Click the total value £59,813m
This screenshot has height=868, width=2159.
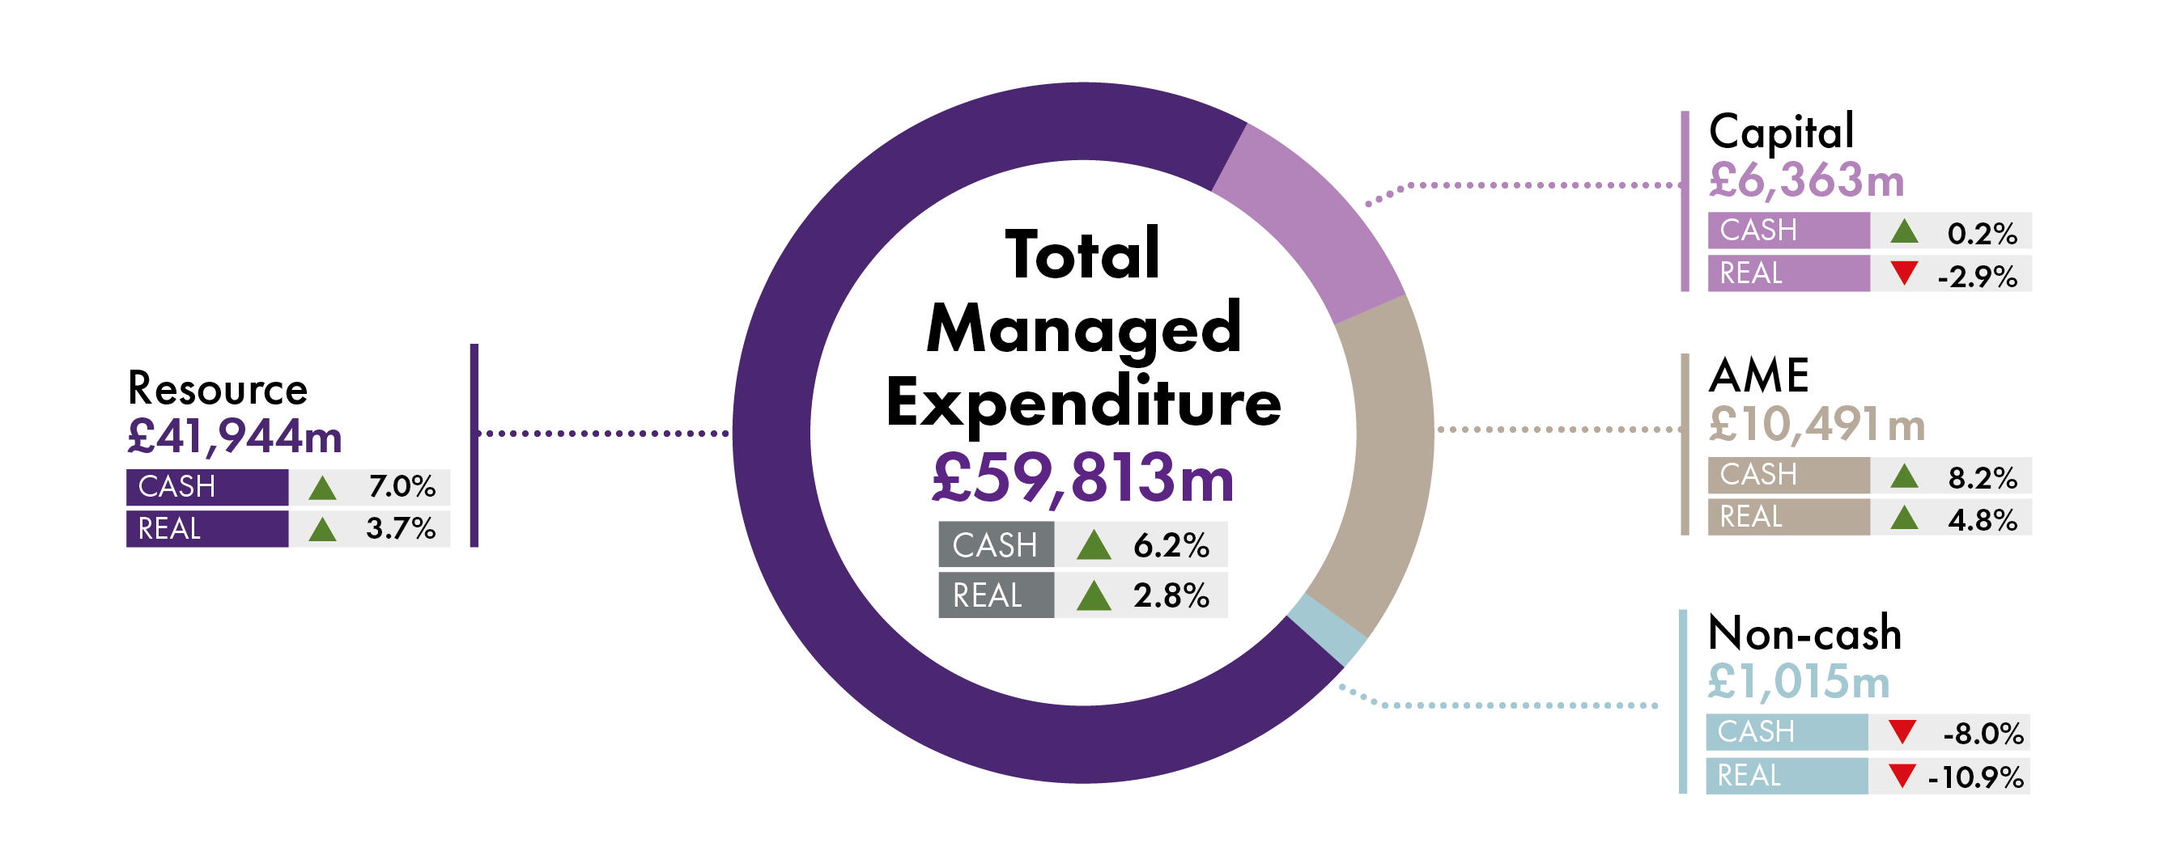tap(1083, 477)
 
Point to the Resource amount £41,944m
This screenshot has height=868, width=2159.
tap(235, 437)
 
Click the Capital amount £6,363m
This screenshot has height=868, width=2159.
tap(1806, 180)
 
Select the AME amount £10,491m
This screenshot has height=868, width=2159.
tap(1817, 424)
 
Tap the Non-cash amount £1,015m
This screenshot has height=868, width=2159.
tap(1799, 681)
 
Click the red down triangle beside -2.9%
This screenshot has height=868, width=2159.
tap(1904, 273)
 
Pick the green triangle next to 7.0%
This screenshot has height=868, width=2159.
tap(322, 488)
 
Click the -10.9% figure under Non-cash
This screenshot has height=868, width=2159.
tap(1975, 777)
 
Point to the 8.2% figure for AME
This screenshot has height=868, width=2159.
tap(1983, 477)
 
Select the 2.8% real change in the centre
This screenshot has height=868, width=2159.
tap(1171, 595)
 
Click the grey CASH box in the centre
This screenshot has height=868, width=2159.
tap(996, 544)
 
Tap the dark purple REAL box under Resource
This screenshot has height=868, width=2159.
tap(207, 529)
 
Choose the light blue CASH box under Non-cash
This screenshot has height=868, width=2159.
tap(1786, 732)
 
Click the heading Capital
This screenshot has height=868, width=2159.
tap(1781, 133)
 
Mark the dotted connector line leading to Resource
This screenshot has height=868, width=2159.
tap(603, 433)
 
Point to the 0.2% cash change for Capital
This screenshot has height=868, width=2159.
tap(1983, 233)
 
